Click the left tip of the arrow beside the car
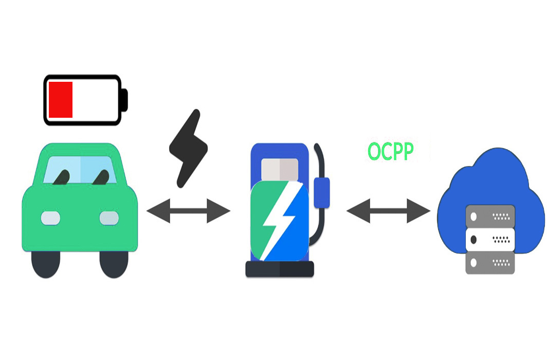pyautogui.click(x=147, y=211)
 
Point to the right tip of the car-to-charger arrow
pyautogui.click(x=230, y=211)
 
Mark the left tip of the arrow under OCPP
pyautogui.click(x=347, y=211)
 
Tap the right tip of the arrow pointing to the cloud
pyautogui.click(x=430, y=211)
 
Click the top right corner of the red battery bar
pyautogui.click(x=72, y=82)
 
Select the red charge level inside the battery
pyautogui.click(x=61, y=100)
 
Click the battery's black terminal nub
pyautogui.click(x=124, y=100)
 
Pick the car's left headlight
pyautogui.click(x=50, y=219)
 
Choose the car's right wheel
pyautogui.click(x=114, y=264)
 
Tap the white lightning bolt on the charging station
pyautogui.click(x=279, y=221)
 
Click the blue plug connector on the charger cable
pyautogui.click(x=322, y=193)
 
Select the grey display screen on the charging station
pyautogui.click(x=280, y=170)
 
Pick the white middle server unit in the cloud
pyautogui.click(x=490, y=240)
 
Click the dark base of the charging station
pyautogui.click(x=280, y=269)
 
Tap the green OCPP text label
pyautogui.click(x=391, y=151)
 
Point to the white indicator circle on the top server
pyautogui.click(x=473, y=217)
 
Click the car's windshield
pyautogui.click(x=80, y=170)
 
